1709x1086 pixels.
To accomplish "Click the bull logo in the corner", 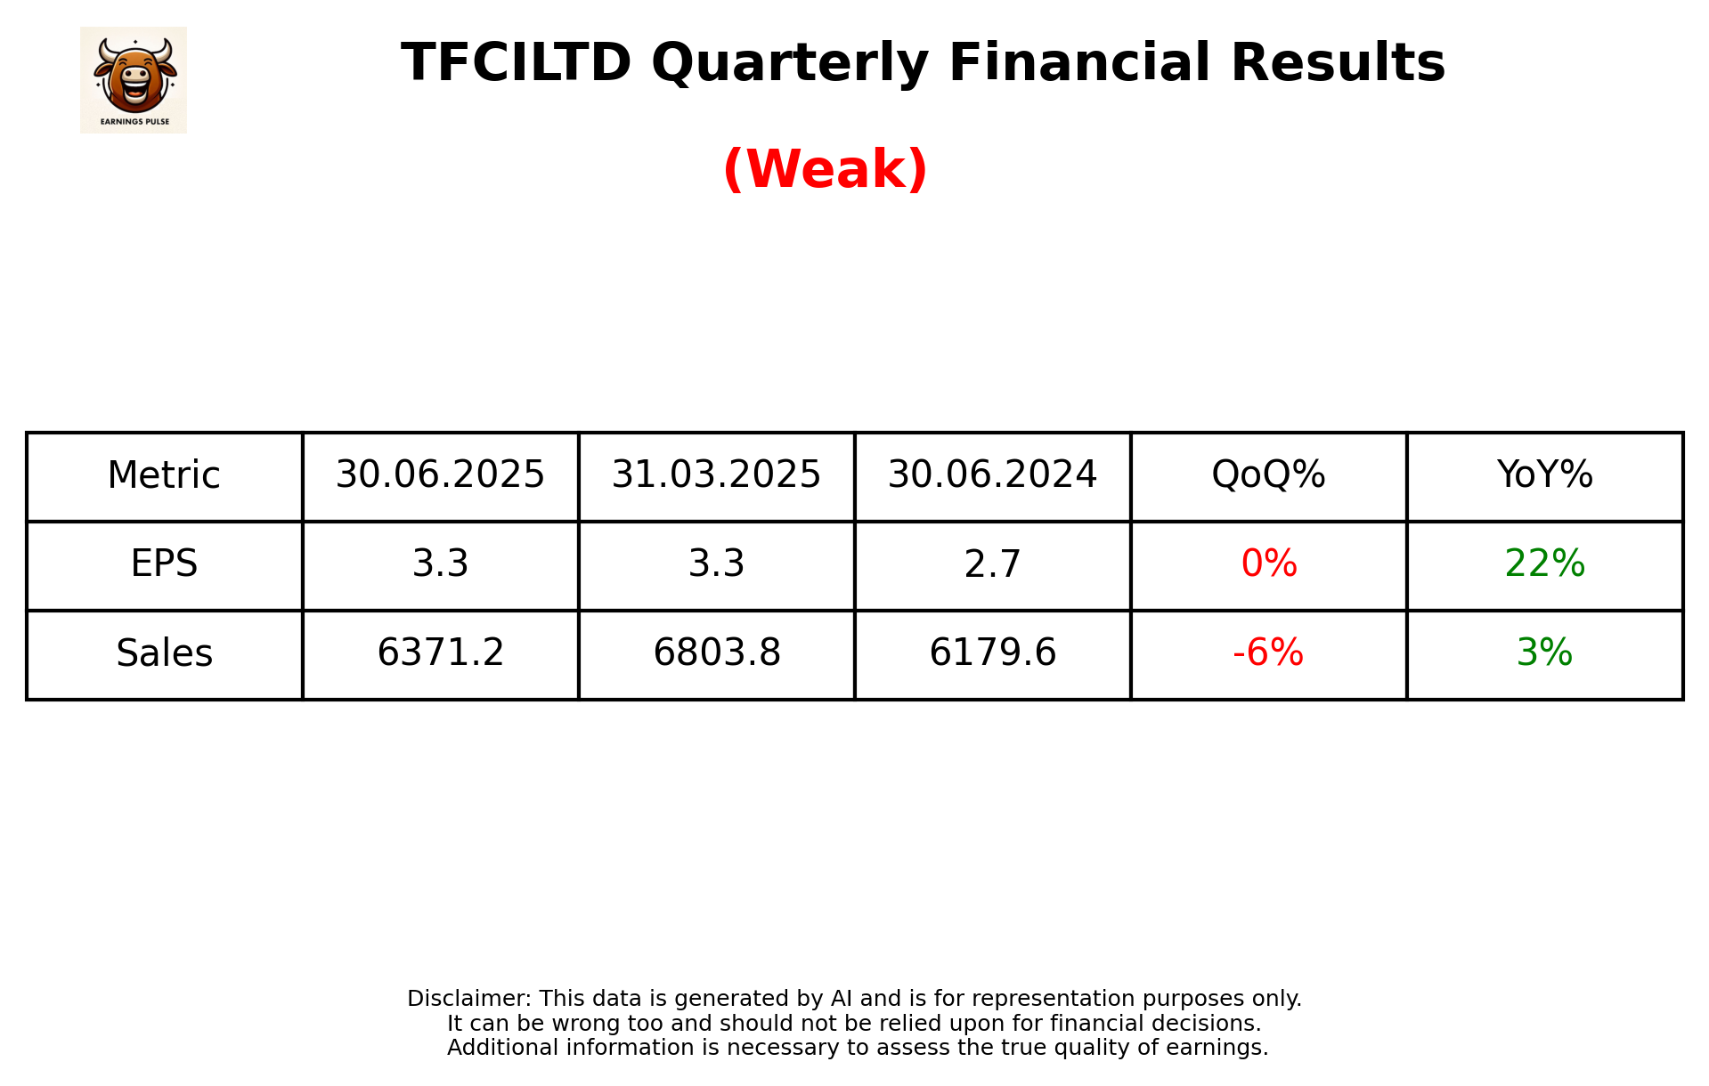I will tap(134, 79).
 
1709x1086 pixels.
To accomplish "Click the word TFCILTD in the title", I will tap(516, 63).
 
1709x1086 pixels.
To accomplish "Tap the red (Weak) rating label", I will tap(825, 169).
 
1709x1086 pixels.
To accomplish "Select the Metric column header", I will tap(164, 475).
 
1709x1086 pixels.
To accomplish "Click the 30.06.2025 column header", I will tap(440, 475).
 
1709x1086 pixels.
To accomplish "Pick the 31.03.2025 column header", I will tap(716, 475).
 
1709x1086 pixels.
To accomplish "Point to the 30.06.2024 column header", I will tap(992, 475).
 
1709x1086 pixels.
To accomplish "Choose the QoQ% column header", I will tap(1268, 475).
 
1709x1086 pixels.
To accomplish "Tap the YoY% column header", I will tap(1544, 475).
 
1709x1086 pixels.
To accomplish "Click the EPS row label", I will tap(164, 564).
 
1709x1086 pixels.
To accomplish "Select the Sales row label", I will tap(164, 653).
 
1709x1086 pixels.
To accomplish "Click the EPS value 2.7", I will tap(992, 564).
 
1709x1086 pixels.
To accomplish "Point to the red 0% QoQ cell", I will tap(1268, 564).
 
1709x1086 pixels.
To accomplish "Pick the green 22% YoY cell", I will tap(1544, 564).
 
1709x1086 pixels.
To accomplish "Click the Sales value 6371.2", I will tap(440, 653).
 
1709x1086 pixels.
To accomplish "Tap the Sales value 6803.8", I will tap(716, 653).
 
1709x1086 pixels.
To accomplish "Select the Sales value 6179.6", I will tap(992, 653).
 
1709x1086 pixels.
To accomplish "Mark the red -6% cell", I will tap(1268, 653).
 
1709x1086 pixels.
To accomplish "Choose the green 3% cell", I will tap(1544, 653).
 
